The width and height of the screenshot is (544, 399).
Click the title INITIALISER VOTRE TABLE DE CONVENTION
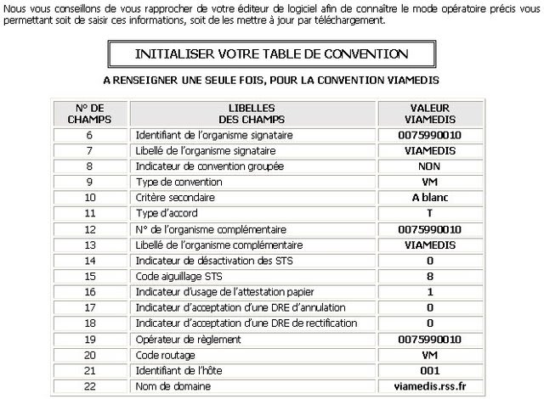click(x=271, y=54)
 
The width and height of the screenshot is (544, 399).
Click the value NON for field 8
click(x=429, y=166)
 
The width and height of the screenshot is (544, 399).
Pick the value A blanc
click(x=429, y=198)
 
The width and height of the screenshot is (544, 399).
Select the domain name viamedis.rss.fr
click(x=429, y=386)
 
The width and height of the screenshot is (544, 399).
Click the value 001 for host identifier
click(x=429, y=371)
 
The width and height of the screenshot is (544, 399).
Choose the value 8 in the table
click(x=429, y=276)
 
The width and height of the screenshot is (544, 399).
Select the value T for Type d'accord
click(x=429, y=213)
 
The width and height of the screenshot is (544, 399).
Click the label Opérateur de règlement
click(x=185, y=339)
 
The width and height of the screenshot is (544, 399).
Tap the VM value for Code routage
click(x=429, y=355)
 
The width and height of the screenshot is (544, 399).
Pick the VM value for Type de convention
click(x=429, y=182)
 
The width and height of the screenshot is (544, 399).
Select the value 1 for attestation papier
click(x=429, y=292)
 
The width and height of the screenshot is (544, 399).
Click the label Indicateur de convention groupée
click(x=209, y=166)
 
